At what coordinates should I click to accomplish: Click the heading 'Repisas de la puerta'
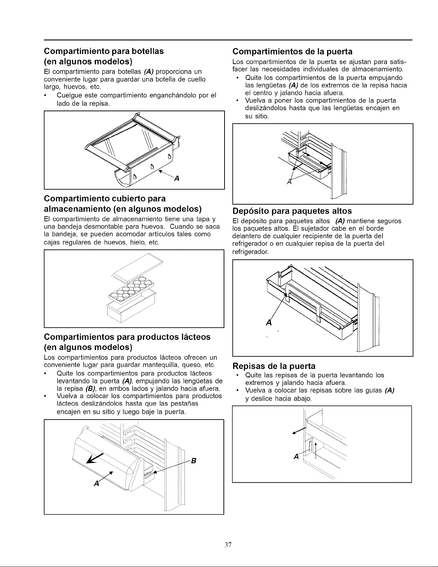274,366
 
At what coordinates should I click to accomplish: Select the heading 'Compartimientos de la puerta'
292,52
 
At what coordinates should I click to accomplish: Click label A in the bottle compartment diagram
177,179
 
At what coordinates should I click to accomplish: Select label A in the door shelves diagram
296,456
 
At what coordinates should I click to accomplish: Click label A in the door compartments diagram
289,182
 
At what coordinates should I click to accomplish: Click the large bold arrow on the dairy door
95,458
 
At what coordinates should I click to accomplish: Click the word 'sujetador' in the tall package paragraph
315,229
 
